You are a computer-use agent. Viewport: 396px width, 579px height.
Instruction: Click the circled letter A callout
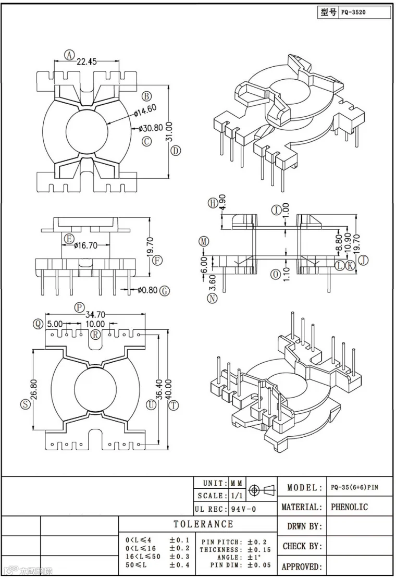coord(69,55)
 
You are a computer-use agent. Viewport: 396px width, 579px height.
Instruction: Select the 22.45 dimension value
coord(86,61)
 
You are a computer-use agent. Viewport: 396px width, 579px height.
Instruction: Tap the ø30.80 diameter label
coord(151,128)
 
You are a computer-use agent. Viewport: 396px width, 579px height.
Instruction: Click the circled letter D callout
coord(176,150)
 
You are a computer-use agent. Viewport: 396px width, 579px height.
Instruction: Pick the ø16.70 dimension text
coord(85,245)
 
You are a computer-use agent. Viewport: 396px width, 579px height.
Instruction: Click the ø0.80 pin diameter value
coord(147,290)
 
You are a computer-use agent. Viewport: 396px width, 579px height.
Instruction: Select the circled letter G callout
coord(165,291)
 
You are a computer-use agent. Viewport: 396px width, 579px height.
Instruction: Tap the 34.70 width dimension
coord(95,315)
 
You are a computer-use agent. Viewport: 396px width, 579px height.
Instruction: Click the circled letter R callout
coord(95,335)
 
